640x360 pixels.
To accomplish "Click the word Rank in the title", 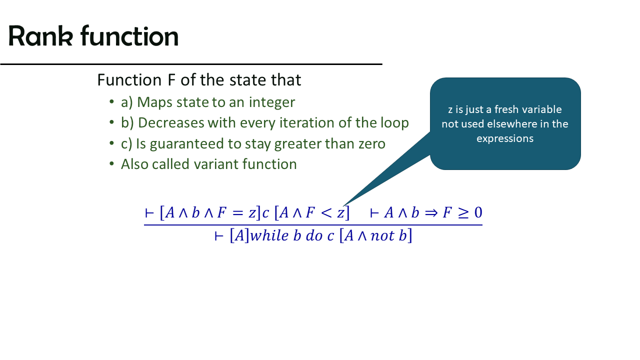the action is click(x=40, y=36).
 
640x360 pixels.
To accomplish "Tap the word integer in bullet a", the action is click(x=271, y=103).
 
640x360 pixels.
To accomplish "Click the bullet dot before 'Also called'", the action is click(x=111, y=164).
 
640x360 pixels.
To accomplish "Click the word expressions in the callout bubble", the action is click(x=505, y=139).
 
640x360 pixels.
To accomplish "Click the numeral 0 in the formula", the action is click(x=478, y=212).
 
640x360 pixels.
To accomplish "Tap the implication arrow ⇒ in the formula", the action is click(x=431, y=213).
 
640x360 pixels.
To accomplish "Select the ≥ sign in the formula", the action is click(x=463, y=213).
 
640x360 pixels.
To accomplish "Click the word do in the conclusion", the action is click(x=314, y=235).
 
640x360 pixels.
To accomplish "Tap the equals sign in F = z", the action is click(x=237, y=213).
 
